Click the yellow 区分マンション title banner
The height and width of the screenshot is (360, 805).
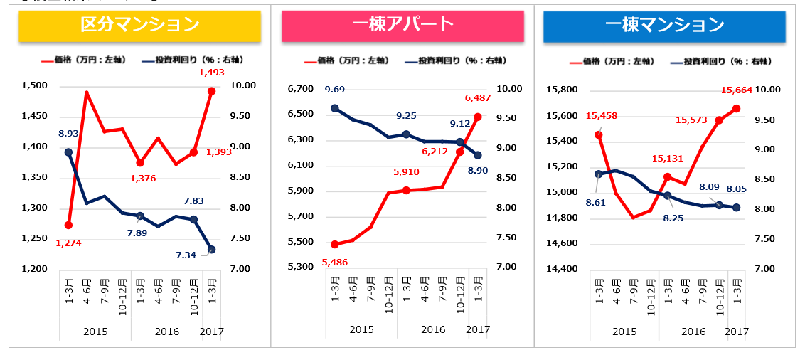click(139, 26)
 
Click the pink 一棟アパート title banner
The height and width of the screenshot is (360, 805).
click(402, 26)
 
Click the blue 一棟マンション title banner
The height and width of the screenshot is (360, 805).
click(664, 26)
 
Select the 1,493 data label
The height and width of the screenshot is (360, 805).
click(211, 72)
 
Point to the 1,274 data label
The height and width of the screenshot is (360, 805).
click(69, 244)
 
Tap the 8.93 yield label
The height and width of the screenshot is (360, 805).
click(68, 133)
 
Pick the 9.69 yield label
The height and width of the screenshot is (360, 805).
click(335, 90)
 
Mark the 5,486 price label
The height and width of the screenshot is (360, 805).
click(335, 263)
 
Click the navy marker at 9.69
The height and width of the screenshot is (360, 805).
click(335, 109)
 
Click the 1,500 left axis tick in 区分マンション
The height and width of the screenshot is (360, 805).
click(35, 86)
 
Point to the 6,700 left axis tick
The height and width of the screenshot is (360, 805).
click(300, 89)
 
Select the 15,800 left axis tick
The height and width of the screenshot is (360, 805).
click(563, 90)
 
